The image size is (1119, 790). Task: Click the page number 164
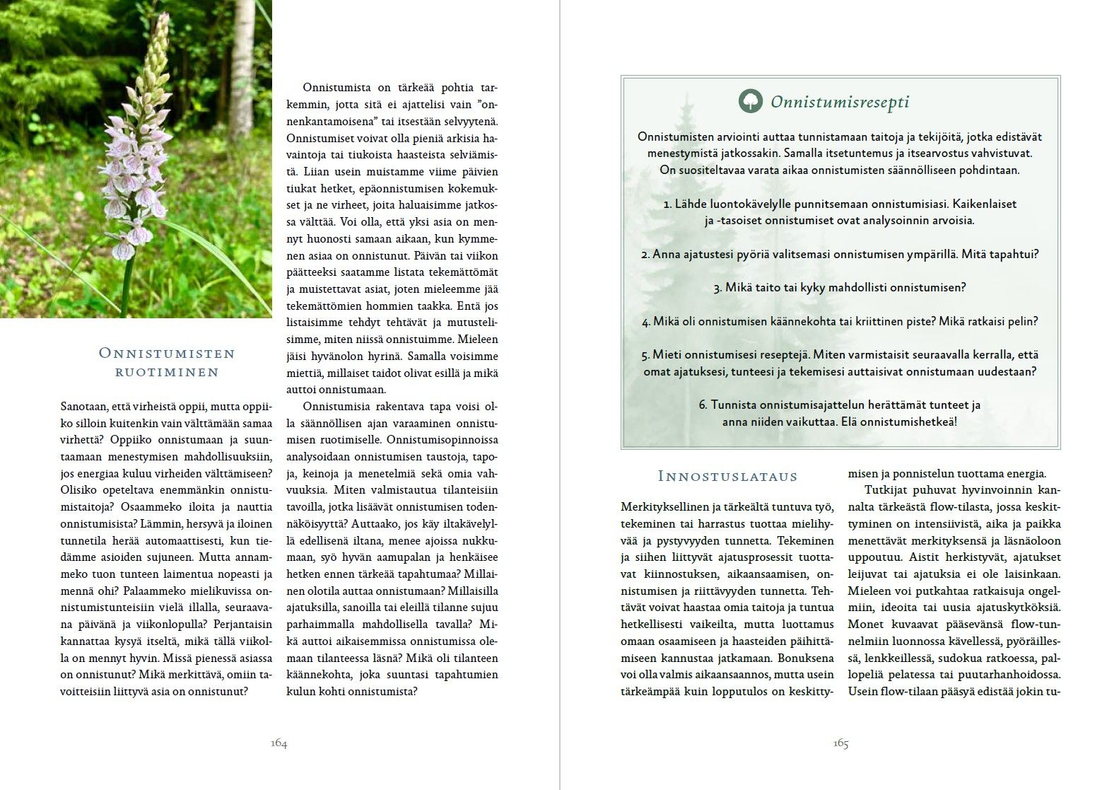point(279,743)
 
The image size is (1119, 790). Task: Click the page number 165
point(840,743)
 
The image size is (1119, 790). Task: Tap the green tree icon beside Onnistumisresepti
point(750,101)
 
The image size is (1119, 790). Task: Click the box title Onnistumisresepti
point(840,102)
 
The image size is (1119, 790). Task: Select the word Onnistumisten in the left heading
point(167,353)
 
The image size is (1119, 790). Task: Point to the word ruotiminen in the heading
point(167,372)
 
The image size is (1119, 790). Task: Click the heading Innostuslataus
point(727,476)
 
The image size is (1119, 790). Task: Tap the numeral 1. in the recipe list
point(667,204)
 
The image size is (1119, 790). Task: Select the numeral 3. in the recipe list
point(718,288)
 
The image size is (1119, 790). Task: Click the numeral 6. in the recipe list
point(703,405)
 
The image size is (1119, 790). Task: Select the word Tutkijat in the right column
point(886,490)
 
